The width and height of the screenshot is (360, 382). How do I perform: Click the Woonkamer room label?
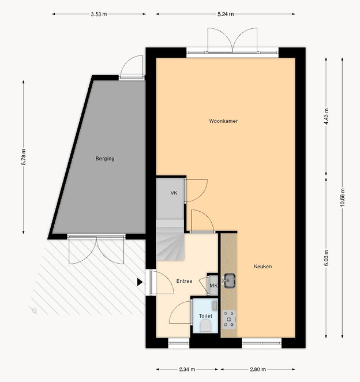pyautogui.click(x=223, y=121)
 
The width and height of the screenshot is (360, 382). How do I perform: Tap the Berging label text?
pyautogui.click(x=105, y=159)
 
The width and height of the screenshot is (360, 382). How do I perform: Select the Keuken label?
pyautogui.click(x=263, y=266)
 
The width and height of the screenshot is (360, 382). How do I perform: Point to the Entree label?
pyautogui.click(x=184, y=281)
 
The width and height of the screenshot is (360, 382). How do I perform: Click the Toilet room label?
pyautogui.click(x=205, y=316)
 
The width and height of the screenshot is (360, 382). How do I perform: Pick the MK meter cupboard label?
pyautogui.click(x=213, y=286)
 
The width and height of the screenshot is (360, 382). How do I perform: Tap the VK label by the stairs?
pyautogui.click(x=174, y=193)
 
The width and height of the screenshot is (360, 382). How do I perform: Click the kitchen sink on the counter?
pyautogui.click(x=228, y=280)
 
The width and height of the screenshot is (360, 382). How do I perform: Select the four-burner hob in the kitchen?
pyautogui.click(x=229, y=319)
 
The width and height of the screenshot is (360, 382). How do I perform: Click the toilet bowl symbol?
pyautogui.click(x=206, y=326)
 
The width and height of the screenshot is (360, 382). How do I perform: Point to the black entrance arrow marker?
pyautogui.click(x=140, y=282)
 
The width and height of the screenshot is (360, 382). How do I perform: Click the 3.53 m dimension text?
pyautogui.click(x=99, y=14)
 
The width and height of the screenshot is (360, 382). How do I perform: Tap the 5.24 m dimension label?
pyautogui.click(x=226, y=14)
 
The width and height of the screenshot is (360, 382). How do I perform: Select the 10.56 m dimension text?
pyautogui.click(x=342, y=197)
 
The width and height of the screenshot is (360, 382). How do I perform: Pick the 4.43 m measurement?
pyautogui.click(x=327, y=117)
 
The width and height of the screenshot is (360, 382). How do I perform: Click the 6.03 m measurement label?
pyautogui.click(x=327, y=259)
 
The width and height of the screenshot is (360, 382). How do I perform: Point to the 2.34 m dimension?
pyautogui.click(x=187, y=369)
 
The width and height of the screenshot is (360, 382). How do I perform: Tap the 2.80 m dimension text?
pyautogui.click(x=258, y=369)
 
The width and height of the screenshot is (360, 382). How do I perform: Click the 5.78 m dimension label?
pyautogui.click(x=24, y=157)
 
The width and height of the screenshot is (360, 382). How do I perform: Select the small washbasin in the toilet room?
pyautogui.click(x=215, y=305)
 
